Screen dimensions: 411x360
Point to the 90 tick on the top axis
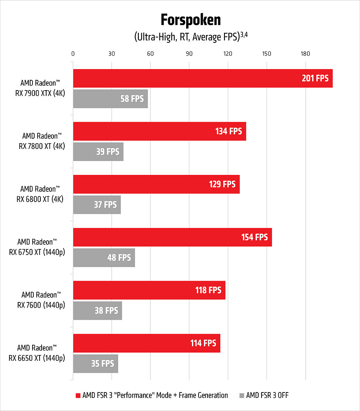[x=189, y=53]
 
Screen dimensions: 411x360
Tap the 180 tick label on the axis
[x=305, y=53]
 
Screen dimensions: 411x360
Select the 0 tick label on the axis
[x=73, y=53]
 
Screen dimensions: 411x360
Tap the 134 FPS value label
[x=229, y=131]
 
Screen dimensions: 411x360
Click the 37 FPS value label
[x=105, y=204]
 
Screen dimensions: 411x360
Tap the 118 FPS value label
[x=208, y=290]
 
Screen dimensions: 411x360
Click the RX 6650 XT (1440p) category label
[x=37, y=353]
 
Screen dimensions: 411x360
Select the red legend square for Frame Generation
[x=77, y=396]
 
